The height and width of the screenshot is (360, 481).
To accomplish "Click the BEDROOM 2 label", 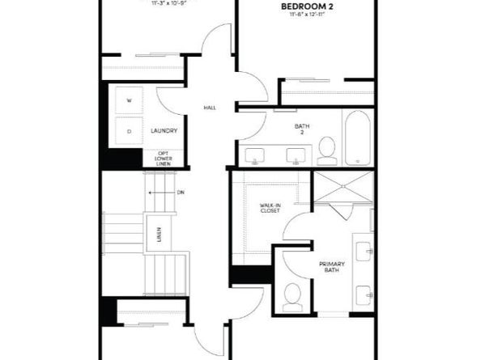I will pyautogui.click(x=308, y=6).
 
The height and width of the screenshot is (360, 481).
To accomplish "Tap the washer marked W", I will pyautogui.click(x=130, y=101).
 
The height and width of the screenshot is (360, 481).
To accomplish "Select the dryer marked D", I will pyautogui.click(x=130, y=130).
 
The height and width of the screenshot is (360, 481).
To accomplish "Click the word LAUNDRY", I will pyautogui.click(x=164, y=130).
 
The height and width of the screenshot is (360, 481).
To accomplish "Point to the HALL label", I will pyautogui.click(x=209, y=108).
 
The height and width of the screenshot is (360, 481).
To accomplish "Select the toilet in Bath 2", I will pyautogui.click(x=326, y=150).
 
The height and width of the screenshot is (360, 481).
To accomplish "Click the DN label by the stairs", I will pyautogui.click(x=181, y=192).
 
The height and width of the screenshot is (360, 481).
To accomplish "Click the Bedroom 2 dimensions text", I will pyautogui.click(x=308, y=16).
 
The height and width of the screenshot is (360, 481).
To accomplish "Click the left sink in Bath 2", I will pyautogui.click(x=257, y=156).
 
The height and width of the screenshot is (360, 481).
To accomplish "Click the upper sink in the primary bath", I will pyautogui.click(x=365, y=250).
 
